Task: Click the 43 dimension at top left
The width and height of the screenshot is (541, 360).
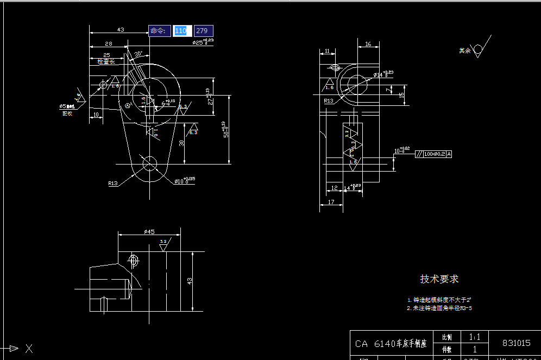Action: click(x=121, y=30)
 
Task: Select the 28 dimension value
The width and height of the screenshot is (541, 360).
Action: click(x=109, y=43)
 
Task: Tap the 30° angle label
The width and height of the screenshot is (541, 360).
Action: click(x=139, y=54)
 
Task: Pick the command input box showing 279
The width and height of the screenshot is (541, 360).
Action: click(x=203, y=31)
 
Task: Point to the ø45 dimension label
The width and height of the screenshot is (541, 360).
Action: click(x=149, y=232)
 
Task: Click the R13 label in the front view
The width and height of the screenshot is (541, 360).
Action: click(x=112, y=184)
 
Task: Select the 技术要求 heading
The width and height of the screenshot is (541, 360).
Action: click(x=439, y=279)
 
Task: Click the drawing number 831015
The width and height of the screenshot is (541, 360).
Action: click(x=516, y=343)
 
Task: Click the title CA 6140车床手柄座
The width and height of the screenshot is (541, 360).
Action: click(x=391, y=344)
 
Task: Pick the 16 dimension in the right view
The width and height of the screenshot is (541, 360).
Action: click(x=368, y=45)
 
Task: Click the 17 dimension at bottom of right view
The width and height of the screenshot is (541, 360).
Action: click(x=331, y=202)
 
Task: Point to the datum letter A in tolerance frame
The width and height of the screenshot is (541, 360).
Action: click(x=449, y=154)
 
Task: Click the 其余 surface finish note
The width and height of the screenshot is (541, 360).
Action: click(x=464, y=50)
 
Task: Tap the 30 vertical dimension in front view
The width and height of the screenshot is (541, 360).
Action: click(x=181, y=143)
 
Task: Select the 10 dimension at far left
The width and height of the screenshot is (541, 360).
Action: click(x=96, y=115)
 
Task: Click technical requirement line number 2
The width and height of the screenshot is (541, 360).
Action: click(x=439, y=308)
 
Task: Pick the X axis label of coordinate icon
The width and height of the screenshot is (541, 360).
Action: click(x=29, y=349)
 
